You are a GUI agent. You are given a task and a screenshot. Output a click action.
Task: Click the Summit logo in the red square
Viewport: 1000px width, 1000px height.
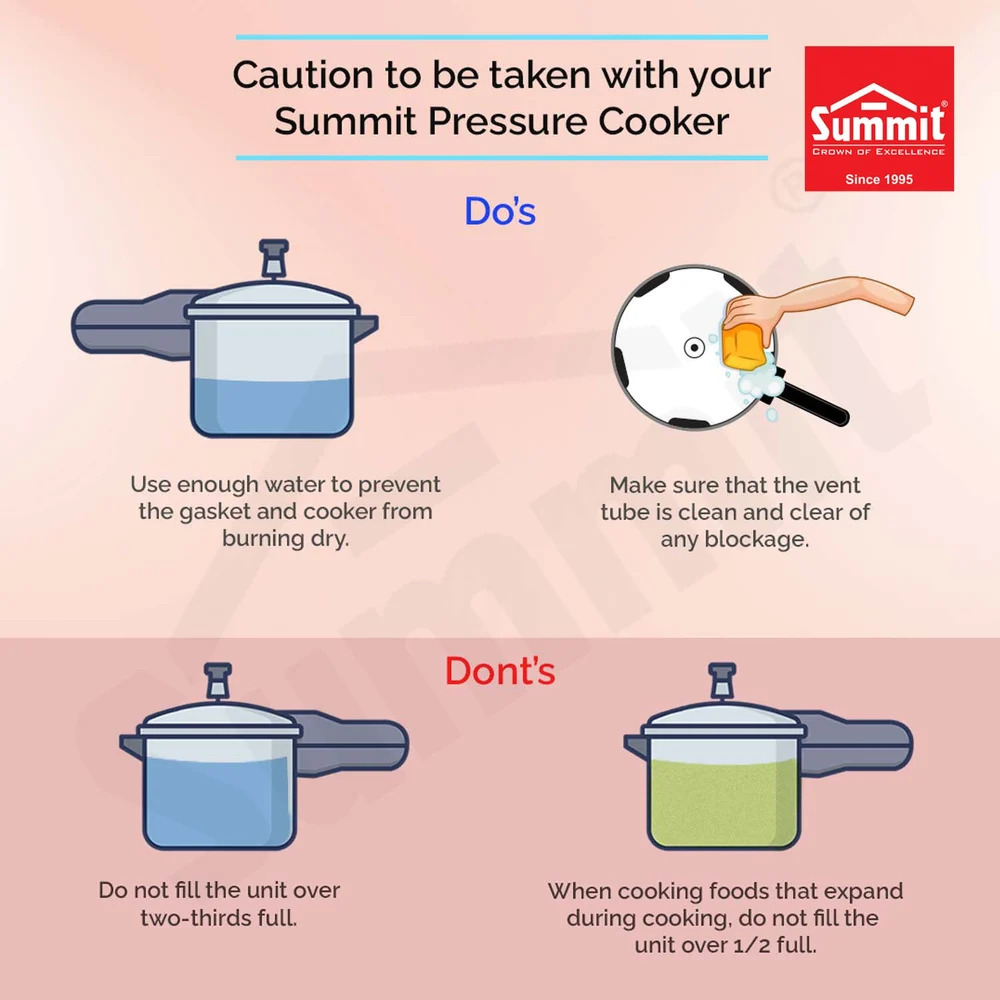[x=879, y=119]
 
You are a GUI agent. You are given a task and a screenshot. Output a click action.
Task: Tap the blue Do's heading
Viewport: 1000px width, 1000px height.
[x=500, y=212]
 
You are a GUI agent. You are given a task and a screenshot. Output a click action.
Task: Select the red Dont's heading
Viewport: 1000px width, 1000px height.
[x=500, y=671]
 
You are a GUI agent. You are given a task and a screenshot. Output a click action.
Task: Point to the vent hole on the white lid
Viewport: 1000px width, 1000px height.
[x=694, y=348]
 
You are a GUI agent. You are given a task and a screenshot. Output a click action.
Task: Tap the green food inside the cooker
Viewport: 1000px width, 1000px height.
[x=724, y=804]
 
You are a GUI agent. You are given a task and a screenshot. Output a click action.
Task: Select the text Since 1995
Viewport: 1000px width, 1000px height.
[x=879, y=179]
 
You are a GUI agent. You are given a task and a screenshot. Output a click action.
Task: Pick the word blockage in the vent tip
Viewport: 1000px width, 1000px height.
[x=756, y=540]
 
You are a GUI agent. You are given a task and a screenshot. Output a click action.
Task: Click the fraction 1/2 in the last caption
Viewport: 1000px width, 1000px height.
[x=726, y=945]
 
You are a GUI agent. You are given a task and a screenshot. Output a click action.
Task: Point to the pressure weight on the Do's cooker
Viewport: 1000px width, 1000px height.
[x=274, y=258]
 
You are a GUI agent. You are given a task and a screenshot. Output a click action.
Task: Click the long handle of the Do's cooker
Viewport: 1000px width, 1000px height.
[x=131, y=325]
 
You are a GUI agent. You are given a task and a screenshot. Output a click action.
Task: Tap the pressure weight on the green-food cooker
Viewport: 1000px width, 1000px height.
[x=723, y=681]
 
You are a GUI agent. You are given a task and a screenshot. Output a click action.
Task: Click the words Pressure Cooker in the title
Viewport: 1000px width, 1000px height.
[x=578, y=121]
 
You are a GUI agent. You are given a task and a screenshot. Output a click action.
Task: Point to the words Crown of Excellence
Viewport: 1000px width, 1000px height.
[x=878, y=152]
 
